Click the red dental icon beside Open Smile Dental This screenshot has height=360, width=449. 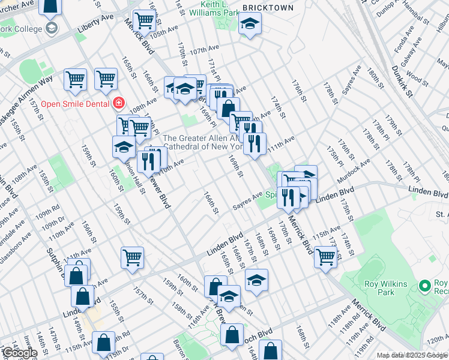point(119,103)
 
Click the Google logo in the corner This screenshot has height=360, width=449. point(19,353)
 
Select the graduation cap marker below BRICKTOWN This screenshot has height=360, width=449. point(248,25)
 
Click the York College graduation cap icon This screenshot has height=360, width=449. point(51,28)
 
